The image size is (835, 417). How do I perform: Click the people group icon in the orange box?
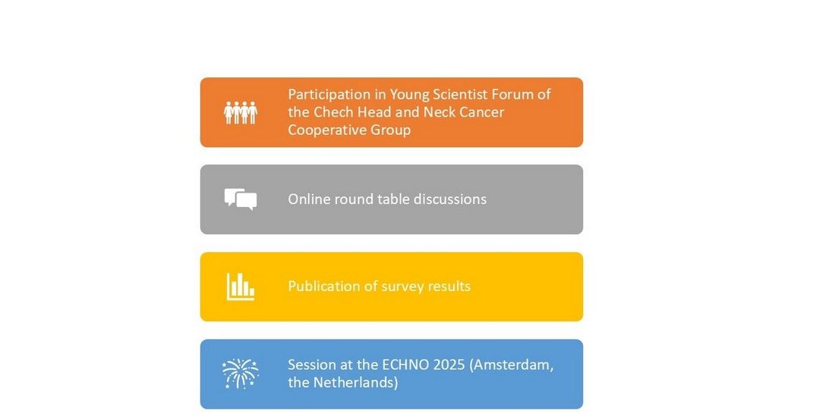click(240, 112)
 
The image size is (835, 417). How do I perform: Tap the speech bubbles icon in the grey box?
click(241, 199)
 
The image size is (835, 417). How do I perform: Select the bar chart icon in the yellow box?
click(240, 287)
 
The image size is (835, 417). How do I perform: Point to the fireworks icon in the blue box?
click(240, 373)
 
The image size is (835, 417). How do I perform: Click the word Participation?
click(329, 95)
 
